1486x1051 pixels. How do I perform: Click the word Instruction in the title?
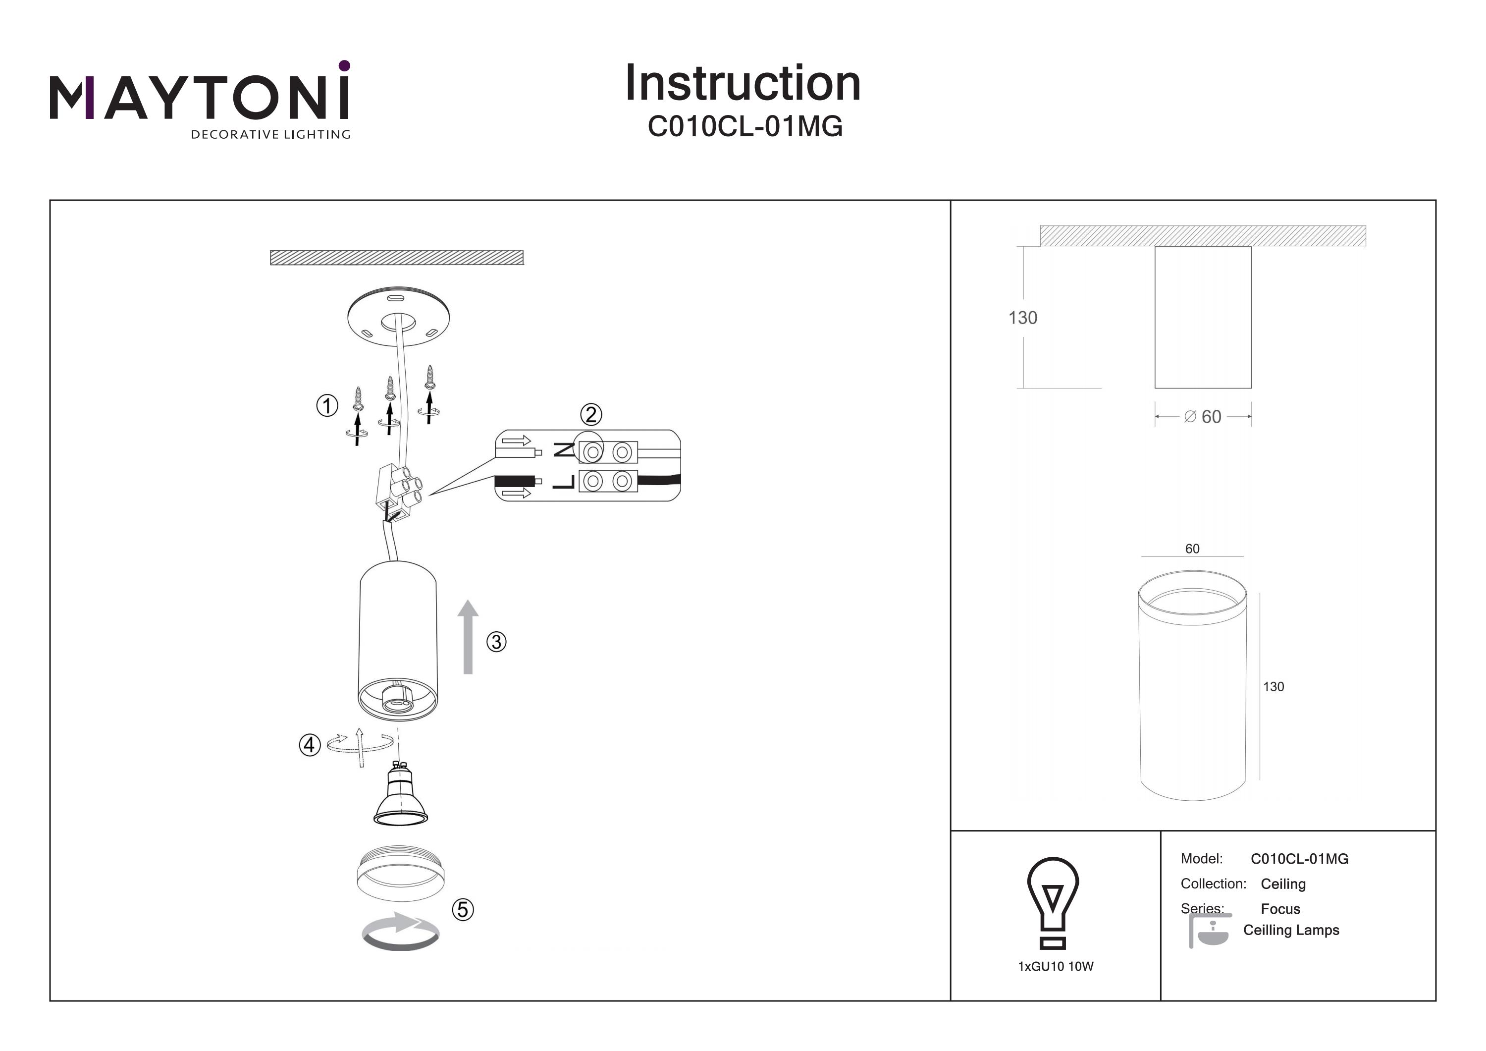743,84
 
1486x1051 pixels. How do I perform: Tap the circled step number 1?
327,406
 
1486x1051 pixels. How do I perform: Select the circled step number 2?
590,414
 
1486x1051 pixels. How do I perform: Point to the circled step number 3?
496,642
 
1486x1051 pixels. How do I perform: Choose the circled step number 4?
310,745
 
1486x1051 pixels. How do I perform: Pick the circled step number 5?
462,910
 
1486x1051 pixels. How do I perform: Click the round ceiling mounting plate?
398,317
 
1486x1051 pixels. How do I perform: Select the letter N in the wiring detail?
564,449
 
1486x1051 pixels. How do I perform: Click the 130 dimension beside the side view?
1022,318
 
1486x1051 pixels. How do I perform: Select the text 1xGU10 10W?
1056,967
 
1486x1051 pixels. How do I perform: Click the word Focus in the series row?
1280,909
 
